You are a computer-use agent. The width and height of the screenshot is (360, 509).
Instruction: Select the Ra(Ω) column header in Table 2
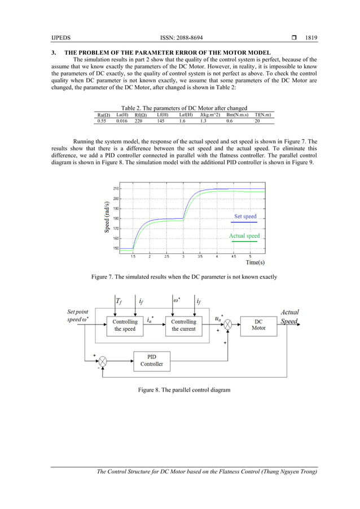pos(103,115)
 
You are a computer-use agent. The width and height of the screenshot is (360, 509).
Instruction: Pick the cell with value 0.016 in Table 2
pos(122,121)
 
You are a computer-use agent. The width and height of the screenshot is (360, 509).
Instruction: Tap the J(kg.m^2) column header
pos(210,115)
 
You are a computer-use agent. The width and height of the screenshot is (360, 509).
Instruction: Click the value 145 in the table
pos(161,121)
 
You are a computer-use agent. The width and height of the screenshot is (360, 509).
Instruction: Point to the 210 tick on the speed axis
pos(116,188)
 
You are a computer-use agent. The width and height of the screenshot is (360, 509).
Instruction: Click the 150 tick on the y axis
pos(116,248)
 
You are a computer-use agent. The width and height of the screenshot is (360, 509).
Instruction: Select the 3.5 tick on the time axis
pos(200,257)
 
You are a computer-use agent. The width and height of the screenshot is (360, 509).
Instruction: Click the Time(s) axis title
pos(255,262)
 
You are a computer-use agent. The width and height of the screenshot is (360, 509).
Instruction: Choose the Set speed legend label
pos(245,216)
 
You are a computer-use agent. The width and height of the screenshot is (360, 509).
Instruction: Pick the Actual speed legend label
pos(244,236)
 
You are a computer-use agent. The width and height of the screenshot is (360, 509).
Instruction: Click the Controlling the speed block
pos(125,325)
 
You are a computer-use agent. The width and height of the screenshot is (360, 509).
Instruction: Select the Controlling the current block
pos(184,325)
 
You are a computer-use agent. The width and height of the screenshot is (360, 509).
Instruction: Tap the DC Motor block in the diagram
pos(258,324)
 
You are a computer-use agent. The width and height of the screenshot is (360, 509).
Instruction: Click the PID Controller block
pos(152,361)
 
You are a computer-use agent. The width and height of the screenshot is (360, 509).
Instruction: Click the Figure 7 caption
pos(180,277)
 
